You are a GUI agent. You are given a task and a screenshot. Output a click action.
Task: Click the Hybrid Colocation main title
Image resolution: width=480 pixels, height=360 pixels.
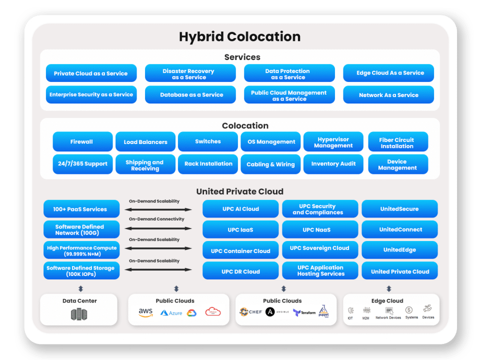point(239,36)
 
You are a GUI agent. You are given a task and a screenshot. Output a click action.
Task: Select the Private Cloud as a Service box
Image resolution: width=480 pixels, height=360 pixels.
point(91,73)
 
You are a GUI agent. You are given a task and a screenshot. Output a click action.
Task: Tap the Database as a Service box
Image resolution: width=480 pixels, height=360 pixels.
point(190,94)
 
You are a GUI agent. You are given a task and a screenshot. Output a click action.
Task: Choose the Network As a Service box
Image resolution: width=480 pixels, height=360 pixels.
point(388,94)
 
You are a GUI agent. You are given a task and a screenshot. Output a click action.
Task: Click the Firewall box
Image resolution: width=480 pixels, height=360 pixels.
point(81,141)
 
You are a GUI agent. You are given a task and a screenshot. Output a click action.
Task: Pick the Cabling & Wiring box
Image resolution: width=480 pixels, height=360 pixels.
point(270,164)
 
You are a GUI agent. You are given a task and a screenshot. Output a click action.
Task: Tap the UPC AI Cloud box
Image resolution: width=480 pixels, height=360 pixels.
point(240,209)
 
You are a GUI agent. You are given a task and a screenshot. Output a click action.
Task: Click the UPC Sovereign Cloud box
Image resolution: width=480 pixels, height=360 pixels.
point(320,248)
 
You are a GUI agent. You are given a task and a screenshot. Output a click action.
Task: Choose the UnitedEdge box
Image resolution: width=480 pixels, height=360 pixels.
point(399,250)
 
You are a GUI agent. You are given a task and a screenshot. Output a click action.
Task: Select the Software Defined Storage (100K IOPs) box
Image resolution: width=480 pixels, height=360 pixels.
point(81,270)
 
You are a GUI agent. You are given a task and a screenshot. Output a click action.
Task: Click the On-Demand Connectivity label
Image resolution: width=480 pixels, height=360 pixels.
point(156,219)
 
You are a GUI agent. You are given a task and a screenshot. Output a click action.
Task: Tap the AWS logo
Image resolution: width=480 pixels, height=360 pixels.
point(145,312)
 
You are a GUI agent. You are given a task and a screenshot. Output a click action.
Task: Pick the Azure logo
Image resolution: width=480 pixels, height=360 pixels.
point(171,313)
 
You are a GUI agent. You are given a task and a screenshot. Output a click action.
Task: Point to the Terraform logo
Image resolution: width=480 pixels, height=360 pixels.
point(304,312)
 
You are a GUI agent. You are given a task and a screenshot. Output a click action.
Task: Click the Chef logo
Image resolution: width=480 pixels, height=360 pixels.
point(250,312)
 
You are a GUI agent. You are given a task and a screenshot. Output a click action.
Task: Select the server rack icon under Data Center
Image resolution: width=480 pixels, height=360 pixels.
point(79,314)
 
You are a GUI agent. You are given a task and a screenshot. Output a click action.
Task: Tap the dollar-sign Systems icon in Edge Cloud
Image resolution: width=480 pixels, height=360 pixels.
point(409,310)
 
